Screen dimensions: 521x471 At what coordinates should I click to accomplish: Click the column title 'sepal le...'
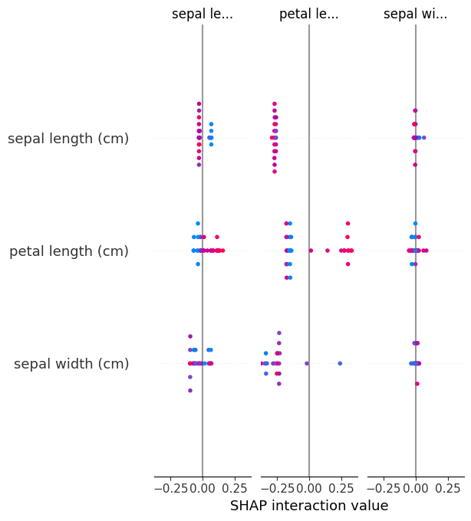coord(202,14)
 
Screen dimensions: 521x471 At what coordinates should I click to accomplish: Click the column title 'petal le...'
coord(308,14)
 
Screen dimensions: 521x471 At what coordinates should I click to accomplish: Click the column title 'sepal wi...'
coord(415,14)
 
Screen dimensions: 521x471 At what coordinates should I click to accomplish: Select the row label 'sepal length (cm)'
coord(68,139)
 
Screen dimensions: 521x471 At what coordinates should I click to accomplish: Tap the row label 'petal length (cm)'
coord(69,251)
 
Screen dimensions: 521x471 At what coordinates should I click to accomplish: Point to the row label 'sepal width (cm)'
coord(71,364)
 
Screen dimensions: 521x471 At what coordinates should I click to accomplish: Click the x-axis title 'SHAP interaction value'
coord(309,506)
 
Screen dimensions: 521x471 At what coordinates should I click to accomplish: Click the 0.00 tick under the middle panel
coord(308,487)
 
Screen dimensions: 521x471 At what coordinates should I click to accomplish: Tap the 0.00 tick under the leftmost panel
coord(202,487)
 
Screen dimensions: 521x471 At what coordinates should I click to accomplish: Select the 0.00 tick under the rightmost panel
coord(415,487)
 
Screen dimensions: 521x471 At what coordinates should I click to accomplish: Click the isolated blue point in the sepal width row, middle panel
coord(340,363)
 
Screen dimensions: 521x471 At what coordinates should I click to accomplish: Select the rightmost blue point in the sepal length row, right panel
coord(423,138)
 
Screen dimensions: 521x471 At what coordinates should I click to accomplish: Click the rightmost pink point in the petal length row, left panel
coord(222,251)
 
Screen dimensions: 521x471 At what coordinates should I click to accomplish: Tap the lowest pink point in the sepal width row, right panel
coord(417,384)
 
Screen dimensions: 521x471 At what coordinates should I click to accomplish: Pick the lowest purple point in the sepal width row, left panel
coord(190,391)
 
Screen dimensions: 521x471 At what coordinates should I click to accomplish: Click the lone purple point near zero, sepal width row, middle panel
coord(307,363)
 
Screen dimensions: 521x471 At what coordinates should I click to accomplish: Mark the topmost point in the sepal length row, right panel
coord(415,110)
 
